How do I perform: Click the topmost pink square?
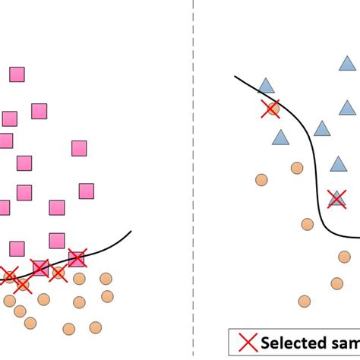coord(17,74)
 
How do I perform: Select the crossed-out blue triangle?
coord(336,199)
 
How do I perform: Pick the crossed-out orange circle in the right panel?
coord(270,109)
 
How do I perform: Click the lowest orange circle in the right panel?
coord(305,301)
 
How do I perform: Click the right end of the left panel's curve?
coord(131,232)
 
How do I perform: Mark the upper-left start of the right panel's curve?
coord(235,77)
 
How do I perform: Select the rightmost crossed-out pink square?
coord(76,258)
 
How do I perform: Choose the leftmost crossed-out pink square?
coord(39,268)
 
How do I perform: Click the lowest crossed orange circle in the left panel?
coord(24,285)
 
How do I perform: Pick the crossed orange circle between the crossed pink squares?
coord(58,272)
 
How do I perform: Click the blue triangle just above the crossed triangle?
coord(338,164)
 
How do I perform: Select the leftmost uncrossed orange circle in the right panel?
coord(261,179)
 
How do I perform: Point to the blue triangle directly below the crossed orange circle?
coord(281,137)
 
